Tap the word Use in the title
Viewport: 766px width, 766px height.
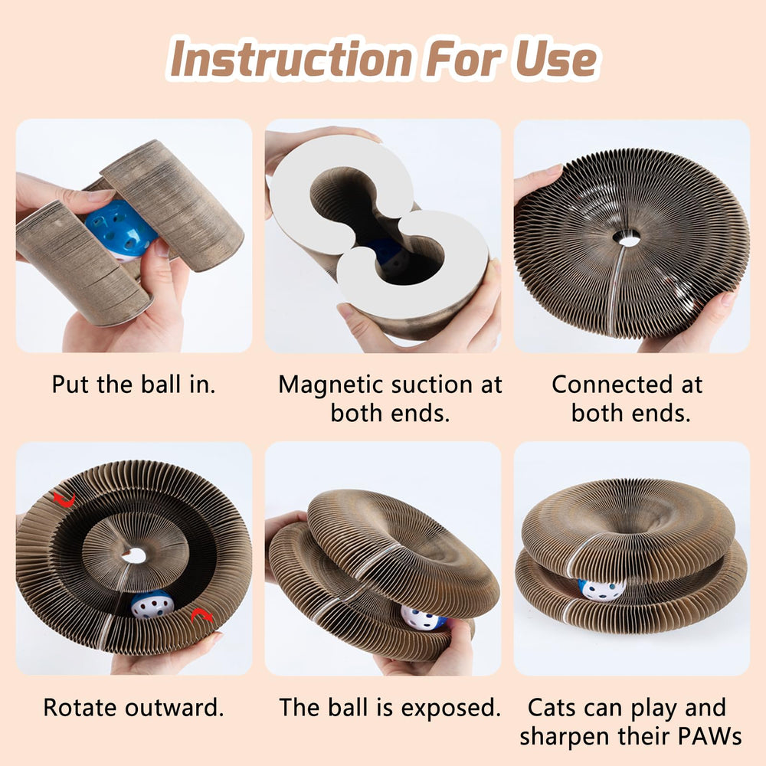551,59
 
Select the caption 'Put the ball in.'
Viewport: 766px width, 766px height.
133,384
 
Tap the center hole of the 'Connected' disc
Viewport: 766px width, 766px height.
629,240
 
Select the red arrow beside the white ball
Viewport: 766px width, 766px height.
201,615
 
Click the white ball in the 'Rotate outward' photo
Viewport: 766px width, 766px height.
152,604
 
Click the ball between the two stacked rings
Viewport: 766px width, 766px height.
601,588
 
